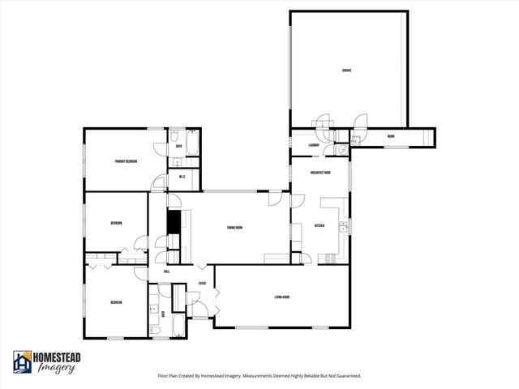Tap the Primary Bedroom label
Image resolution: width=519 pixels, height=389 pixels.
[126, 161]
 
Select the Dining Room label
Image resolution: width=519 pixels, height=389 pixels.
[235, 228]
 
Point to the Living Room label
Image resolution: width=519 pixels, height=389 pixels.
[282, 297]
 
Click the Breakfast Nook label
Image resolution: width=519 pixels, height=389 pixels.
[320, 173]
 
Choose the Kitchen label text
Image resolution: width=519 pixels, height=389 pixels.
[319, 226]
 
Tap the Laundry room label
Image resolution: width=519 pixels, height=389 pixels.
[313, 145]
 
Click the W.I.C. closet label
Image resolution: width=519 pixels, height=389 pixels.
[182, 177]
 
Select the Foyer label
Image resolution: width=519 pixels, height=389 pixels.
[203, 284]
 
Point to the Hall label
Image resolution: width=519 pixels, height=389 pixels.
[167, 271]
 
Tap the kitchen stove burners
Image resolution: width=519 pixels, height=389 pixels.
[330, 259]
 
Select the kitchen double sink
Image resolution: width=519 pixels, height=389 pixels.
[344, 226]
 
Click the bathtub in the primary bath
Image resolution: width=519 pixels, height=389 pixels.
[192, 146]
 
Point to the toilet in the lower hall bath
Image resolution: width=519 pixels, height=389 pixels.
[154, 331]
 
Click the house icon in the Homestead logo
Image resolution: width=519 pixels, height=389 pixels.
[22, 361]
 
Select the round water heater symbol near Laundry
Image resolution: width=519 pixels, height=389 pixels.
[341, 148]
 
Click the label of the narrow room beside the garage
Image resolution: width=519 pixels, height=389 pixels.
[391, 136]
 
